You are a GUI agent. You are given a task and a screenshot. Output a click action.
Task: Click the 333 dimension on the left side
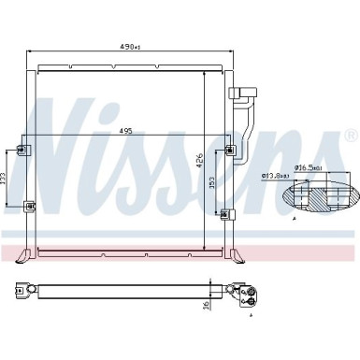click(x=6, y=177)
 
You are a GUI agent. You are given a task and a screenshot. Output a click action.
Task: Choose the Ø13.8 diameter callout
click(x=271, y=176)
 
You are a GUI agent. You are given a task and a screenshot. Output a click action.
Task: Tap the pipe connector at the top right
click(x=246, y=93)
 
